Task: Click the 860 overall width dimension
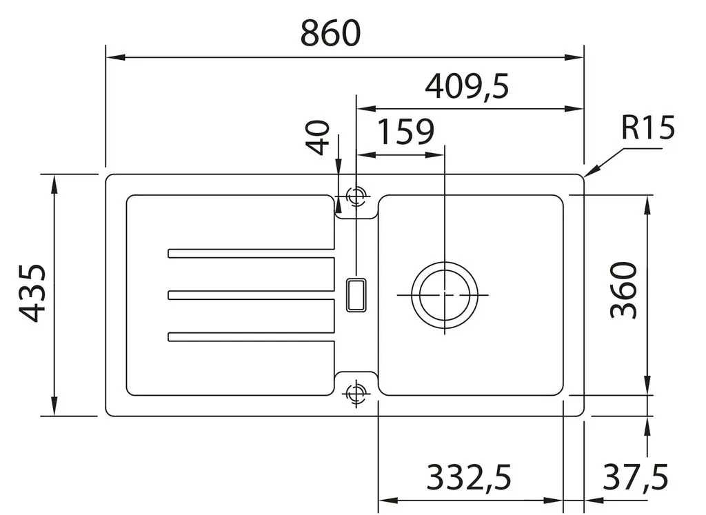coord(330,33)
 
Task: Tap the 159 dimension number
coord(405,132)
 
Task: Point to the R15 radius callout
coord(648,128)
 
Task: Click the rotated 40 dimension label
coord(318,137)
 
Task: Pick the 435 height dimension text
coord(32,294)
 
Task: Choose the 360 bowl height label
coord(623,290)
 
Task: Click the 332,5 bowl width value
coord(469,477)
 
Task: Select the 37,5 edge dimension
coord(635,477)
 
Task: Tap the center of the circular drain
coord(445,295)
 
